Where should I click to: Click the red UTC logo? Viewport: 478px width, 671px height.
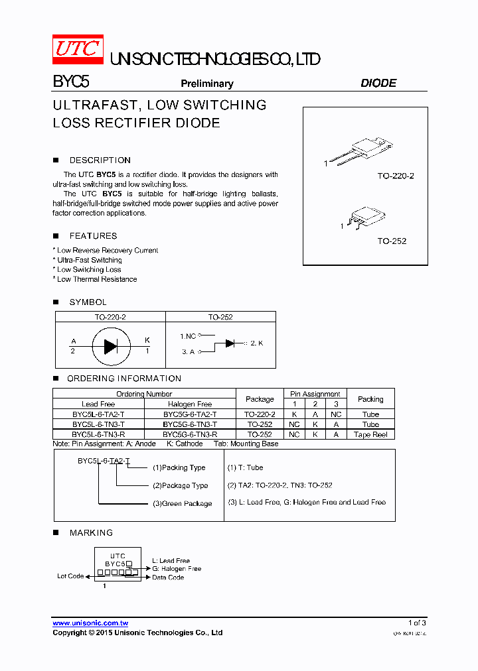click(x=78, y=50)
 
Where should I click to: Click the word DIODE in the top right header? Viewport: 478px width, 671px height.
click(x=378, y=84)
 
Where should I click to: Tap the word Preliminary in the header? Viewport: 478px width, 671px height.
click(x=207, y=84)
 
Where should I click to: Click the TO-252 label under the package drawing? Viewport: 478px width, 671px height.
click(x=392, y=241)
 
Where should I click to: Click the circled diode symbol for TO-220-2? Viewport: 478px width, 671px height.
click(x=110, y=344)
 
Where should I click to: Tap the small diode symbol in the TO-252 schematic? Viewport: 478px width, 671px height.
click(x=230, y=343)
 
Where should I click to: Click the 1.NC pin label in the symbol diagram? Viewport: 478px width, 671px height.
click(x=188, y=336)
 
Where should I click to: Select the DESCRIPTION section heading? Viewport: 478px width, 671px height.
click(x=100, y=160)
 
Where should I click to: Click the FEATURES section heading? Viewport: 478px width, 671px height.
click(x=93, y=236)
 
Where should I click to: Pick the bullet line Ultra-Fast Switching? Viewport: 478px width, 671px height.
click(x=89, y=260)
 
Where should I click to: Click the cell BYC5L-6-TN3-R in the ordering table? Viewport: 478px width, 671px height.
click(x=98, y=434)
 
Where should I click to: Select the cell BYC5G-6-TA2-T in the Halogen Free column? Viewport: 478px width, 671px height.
click(x=190, y=414)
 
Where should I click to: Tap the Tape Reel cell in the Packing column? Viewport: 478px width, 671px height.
click(x=370, y=434)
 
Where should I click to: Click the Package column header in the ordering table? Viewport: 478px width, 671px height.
click(x=260, y=399)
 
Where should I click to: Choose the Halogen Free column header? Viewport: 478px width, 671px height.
click(x=190, y=404)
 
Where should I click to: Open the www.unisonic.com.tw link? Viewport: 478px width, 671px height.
click(x=90, y=623)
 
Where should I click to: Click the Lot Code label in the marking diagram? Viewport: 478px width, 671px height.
click(x=70, y=576)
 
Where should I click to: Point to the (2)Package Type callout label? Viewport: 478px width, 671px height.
click(x=180, y=486)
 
